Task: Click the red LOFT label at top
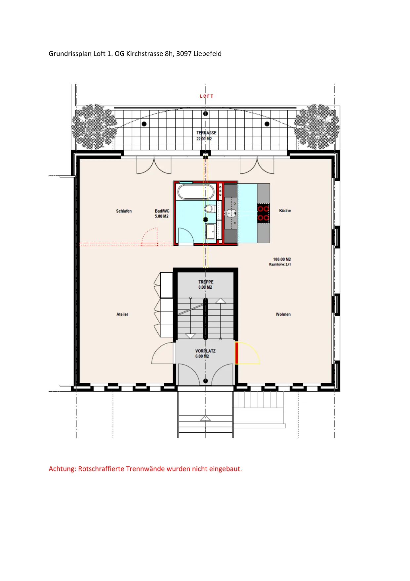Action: [206, 96]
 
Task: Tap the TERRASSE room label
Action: [206, 133]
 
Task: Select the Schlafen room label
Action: [124, 211]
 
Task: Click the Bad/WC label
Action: [162, 211]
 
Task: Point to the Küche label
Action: [285, 211]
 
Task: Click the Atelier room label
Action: [122, 314]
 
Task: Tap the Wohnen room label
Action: [283, 314]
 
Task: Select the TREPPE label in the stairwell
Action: [206, 282]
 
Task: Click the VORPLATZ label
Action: [205, 351]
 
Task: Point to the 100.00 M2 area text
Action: [282, 259]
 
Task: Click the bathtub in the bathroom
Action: [196, 192]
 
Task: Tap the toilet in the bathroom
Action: [209, 209]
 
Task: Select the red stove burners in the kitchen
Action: [263, 213]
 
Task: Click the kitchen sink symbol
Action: [230, 213]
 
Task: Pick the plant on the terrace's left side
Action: [94, 127]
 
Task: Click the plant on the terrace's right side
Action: [317, 127]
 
